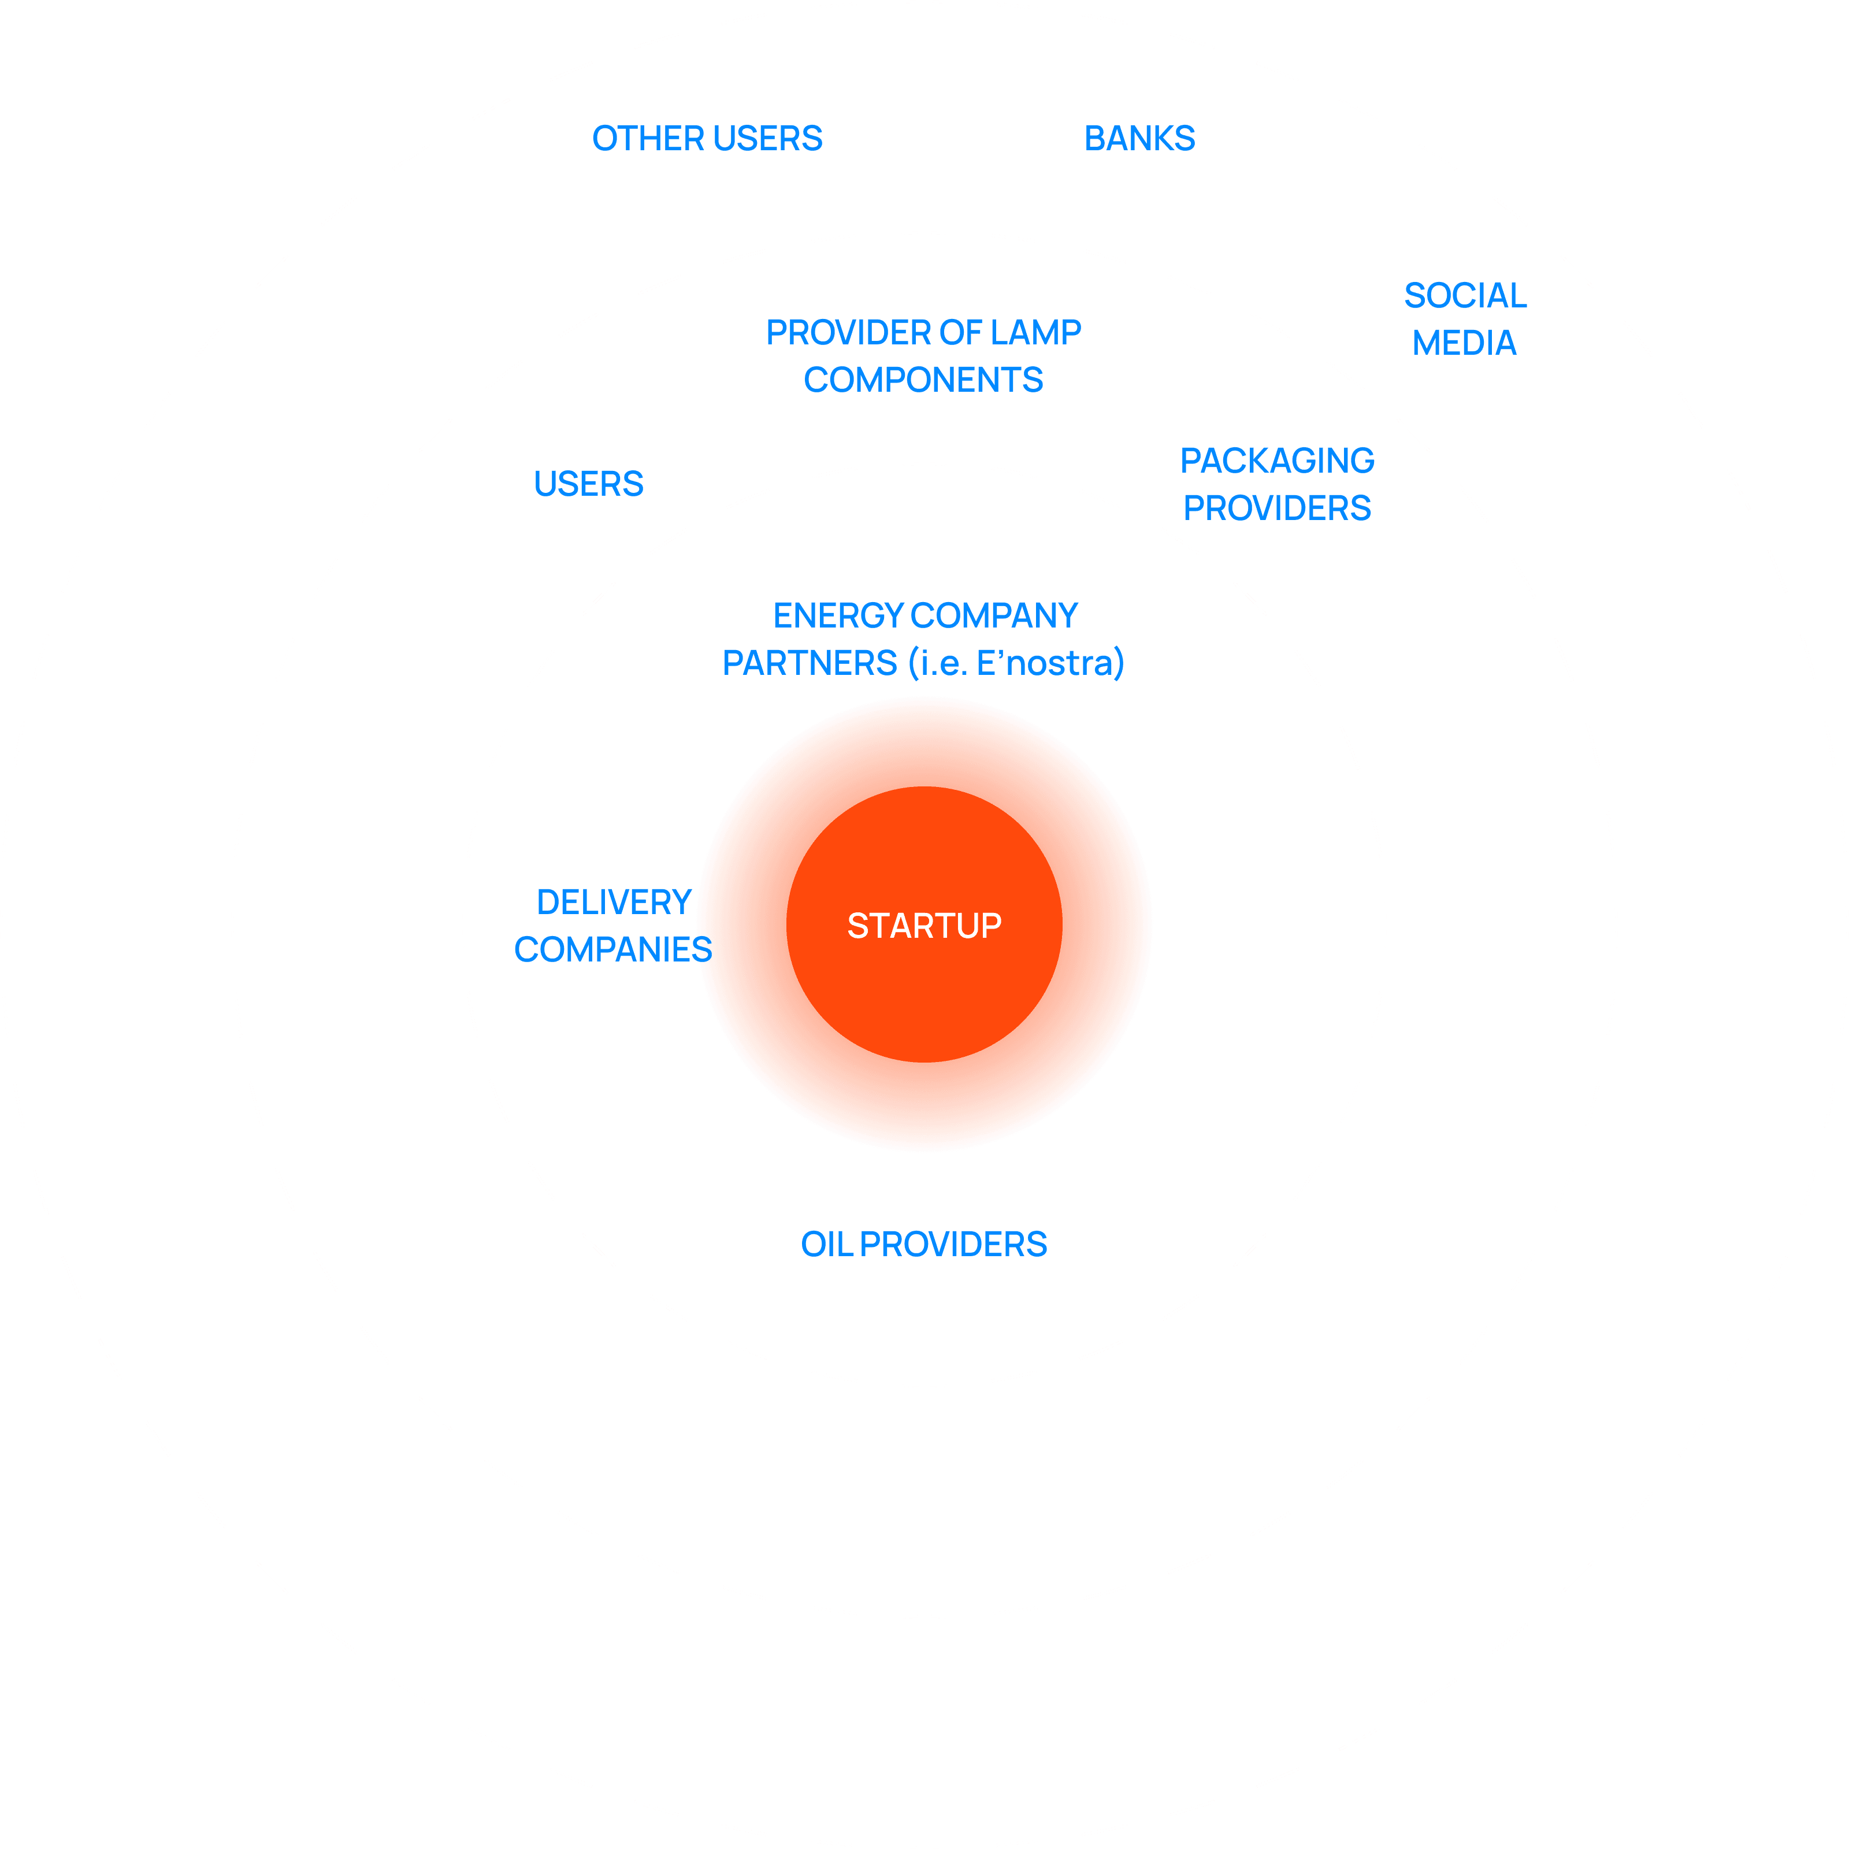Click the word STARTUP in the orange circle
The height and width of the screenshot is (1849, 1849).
tap(923, 926)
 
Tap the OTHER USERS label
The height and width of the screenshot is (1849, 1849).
tap(707, 139)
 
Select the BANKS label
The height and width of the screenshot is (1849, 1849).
tap(1139, 139)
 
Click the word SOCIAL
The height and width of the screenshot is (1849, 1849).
tap(1464, 296)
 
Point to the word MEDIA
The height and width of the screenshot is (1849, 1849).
tap(1464, 343)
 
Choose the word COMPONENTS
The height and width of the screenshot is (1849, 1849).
tap(923, 380)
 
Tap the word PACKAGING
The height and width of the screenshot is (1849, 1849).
tap(1277, 461)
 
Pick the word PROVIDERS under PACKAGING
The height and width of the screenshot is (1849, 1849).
tap(1277, 508)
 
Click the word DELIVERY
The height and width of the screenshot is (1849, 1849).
tap(614, 903)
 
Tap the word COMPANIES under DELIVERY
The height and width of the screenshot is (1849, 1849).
tap(612, 949)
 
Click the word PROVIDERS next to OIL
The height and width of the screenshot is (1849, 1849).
tap(953, 1244)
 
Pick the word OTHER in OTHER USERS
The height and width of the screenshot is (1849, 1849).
tap(648, 139)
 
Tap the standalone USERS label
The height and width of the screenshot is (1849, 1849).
tap(589, 484)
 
